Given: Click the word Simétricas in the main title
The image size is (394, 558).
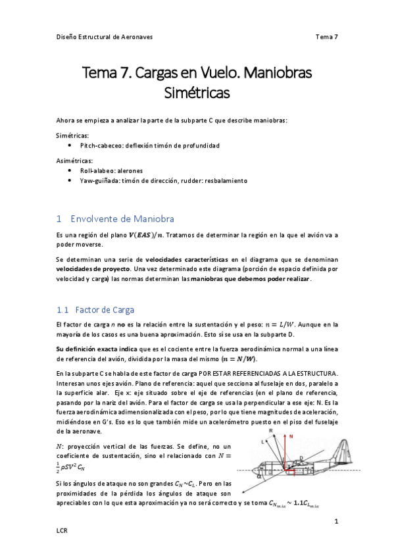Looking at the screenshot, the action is [x=197, y=93].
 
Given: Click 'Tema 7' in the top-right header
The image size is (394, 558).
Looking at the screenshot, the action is [x=326, y=37].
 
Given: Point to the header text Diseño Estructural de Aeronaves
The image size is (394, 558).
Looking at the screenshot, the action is [x=104, y=37].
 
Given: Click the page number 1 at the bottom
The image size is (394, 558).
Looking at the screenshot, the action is [x=336, y=521].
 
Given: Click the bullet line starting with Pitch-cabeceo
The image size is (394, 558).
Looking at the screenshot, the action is [x=149, y=145].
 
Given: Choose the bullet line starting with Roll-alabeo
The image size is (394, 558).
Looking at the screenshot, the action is [x=116, y=170].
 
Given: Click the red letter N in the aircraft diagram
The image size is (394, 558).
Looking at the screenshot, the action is [x=290, y=436].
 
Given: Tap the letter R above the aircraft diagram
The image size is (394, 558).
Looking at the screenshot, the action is [x=270, y=430].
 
